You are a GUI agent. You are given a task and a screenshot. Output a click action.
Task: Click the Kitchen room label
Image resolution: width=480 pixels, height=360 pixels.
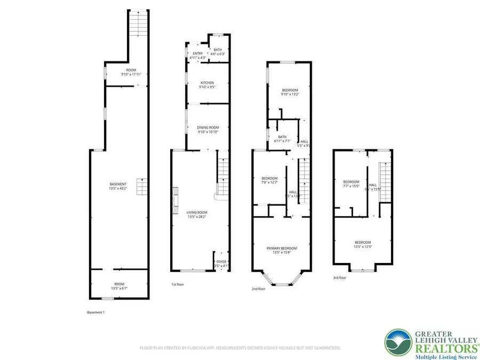click(207, 85)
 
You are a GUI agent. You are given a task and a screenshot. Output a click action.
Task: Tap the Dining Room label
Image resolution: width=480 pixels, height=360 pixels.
click(209, 130)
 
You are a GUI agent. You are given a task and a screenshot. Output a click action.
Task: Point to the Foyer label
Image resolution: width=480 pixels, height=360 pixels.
click(221, 263)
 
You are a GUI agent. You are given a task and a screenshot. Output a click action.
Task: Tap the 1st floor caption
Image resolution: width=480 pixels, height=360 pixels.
click(178, 285)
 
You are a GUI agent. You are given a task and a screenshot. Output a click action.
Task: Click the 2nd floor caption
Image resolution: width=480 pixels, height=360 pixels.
click(258, 289)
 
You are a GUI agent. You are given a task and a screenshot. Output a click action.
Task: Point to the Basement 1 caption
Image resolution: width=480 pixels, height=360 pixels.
click(96, 312)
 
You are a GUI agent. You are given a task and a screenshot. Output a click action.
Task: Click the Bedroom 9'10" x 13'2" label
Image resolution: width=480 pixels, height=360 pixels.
click(290, 92)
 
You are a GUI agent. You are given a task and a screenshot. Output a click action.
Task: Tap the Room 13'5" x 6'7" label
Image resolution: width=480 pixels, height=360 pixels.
click(118, 286)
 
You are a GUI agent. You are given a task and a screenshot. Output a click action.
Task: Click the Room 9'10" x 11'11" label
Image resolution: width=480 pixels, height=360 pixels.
click(131, 72)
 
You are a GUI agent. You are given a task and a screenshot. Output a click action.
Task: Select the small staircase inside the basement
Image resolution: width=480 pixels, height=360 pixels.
click(141, 187)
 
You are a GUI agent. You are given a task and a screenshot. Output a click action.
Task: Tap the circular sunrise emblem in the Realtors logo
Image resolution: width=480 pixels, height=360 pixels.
click(399, 341)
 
